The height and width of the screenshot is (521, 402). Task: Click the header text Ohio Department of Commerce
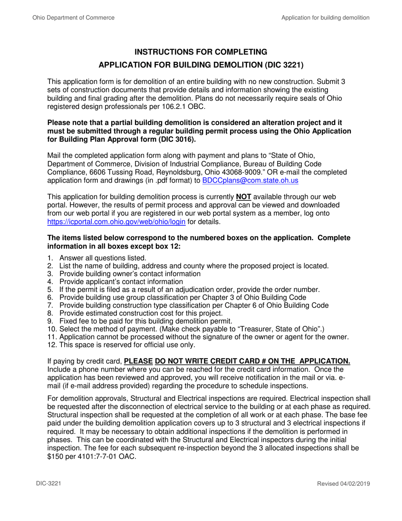[73, 18]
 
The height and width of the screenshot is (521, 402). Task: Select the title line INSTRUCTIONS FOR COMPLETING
[201, 52]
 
